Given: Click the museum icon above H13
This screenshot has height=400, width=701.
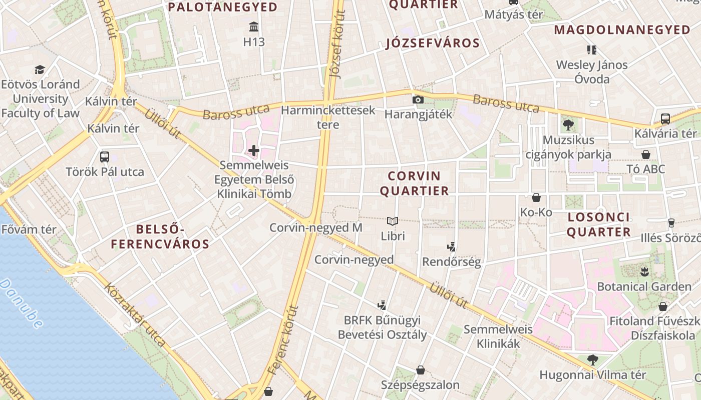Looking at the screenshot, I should (x=254, y=26).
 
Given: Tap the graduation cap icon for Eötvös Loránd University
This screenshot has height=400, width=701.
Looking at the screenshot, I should (x=40, y=69).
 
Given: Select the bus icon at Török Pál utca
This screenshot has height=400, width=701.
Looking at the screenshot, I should (x=105, y=157).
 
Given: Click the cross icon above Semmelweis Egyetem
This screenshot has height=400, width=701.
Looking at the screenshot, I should (x=254, y=150).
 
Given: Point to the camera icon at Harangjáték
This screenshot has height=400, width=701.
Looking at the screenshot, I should (x=418, y=99).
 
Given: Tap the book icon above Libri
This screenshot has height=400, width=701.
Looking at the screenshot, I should (x=393, y=221).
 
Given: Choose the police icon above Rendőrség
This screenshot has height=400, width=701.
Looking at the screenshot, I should (x=451, y=246).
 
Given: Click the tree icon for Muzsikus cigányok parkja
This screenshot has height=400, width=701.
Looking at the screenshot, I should (x=568, y=125).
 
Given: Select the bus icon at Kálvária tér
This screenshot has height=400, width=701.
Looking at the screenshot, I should (x=665, y=119).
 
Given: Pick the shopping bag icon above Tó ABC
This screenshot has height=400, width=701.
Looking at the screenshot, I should (x=646, y=154).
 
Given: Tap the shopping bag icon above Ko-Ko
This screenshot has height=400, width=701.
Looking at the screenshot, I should (x=536, y=197).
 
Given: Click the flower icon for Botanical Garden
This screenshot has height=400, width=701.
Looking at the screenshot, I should (x=644, y=271).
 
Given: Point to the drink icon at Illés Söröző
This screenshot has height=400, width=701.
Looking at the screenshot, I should (x=671, y=222).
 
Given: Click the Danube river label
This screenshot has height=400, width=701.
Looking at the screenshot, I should (x=22, y=303).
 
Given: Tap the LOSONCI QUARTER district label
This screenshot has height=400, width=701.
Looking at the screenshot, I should (x=598, y=224).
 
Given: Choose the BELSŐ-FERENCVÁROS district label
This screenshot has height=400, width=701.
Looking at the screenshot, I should (x=160, y=237).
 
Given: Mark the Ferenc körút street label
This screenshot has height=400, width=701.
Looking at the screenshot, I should (x=283, y=340).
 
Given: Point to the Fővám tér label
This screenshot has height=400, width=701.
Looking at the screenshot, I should (x=29, y=230).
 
